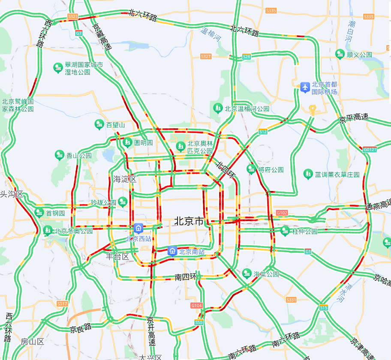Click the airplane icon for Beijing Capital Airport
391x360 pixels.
305,87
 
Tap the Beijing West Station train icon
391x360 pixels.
138,228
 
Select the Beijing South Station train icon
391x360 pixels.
172,251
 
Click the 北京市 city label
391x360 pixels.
189,221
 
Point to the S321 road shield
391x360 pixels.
73,17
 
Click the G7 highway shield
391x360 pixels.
78,33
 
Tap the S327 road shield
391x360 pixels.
206,57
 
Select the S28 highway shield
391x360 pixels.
246,57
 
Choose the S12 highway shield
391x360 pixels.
263,132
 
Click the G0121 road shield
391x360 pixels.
370,149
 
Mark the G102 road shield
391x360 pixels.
282,212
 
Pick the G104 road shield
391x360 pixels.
196,305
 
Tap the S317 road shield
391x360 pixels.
62,303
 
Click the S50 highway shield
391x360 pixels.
199,322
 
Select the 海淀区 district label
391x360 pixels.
124,179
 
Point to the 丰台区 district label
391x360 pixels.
117,257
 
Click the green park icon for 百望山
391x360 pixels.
99,124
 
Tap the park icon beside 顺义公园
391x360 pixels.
340,54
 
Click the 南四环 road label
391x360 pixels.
186,277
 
